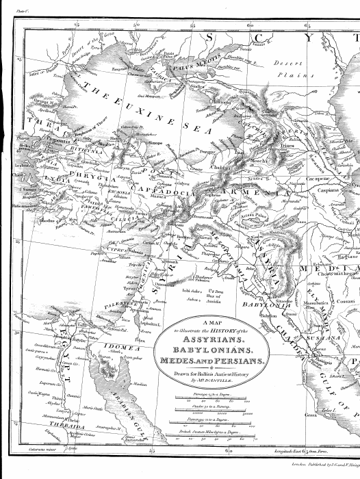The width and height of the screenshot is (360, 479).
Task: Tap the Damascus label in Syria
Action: coord(160,282)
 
